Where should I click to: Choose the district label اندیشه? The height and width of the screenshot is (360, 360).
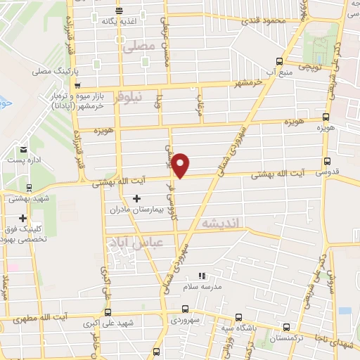tap(221, 223)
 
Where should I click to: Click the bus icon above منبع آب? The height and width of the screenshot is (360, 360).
tap(280, 61)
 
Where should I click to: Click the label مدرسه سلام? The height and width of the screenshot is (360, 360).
tap(202, 287)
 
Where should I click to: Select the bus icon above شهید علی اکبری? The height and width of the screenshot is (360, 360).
tap(108, 313)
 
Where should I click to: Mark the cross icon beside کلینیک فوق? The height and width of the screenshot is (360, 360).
tap(23, 218)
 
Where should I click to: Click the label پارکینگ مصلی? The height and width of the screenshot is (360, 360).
tap(56, 72)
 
